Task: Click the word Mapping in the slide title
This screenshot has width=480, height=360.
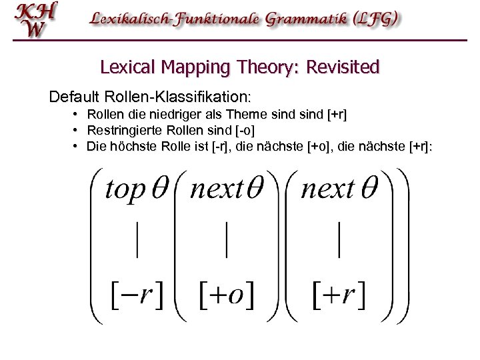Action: pos(193,67)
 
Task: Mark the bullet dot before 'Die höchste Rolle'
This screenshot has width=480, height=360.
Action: pos(77,145)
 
